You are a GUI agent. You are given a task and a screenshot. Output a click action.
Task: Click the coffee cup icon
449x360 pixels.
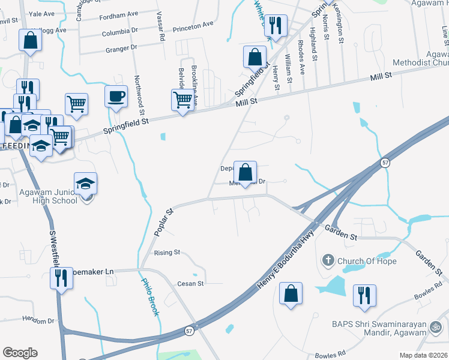(116, 95)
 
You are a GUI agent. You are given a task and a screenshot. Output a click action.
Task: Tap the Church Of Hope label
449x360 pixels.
(367, 261)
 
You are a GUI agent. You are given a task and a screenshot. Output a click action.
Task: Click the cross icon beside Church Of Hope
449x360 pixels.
(328, 260)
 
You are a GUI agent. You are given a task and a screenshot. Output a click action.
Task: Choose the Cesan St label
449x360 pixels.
(191, 283)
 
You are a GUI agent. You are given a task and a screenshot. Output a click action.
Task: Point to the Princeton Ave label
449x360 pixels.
(193, 26)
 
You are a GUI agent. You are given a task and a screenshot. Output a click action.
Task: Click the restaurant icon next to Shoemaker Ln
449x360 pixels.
(61, 278)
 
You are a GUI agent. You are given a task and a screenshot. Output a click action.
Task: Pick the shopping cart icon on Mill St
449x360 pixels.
(182, 100)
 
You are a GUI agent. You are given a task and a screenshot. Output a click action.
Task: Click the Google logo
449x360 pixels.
(20, 353)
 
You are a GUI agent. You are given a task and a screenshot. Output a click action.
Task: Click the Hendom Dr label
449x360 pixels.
(37, 321)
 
